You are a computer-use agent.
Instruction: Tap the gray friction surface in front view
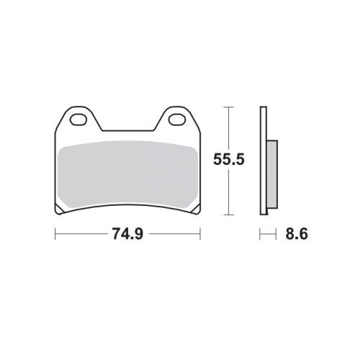pyautogui.click(x=127, y=173)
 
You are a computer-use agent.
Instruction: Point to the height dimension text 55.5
pyautogui.click(x=229, y=160)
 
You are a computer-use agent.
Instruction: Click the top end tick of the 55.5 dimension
pyautogui.click(x=228, y=107)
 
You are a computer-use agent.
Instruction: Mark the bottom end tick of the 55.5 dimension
pyautogui.click(x=228, y=215)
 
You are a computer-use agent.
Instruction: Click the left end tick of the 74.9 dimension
pyautogui.click(x=55, y=234)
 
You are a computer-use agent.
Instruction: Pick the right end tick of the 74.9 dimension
pyautogui.click(x=200, y=234)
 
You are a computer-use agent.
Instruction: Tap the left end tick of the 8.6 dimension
pyautogui.click(x=260, y=234)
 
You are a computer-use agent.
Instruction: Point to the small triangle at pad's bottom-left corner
pyautogui.click(x=60, y=210)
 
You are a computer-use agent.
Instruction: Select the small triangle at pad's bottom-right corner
pyautogui.click(x=195, y=210)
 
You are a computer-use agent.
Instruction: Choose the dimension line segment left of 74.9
pyautogui.click(x=83, y=234)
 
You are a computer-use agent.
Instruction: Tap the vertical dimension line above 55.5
pyautogui.click(x=228, y=130)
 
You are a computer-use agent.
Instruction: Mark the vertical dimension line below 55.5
pyautogui.click(x=228, y=193)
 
